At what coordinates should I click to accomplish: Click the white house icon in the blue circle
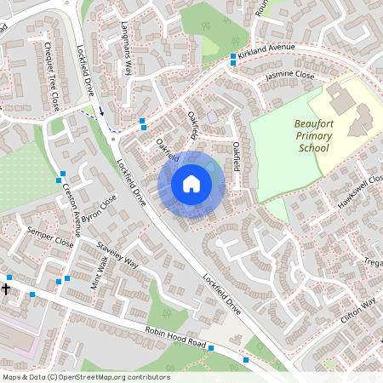pyautogui.click(x=191, y=184)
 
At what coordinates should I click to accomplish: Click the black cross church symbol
pyautogui.click(x=6, y=289)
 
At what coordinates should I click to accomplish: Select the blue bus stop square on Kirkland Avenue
pyautogui.click(x=233, y=58)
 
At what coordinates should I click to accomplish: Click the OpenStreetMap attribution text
pyautogui.click(x=86, y=377)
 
